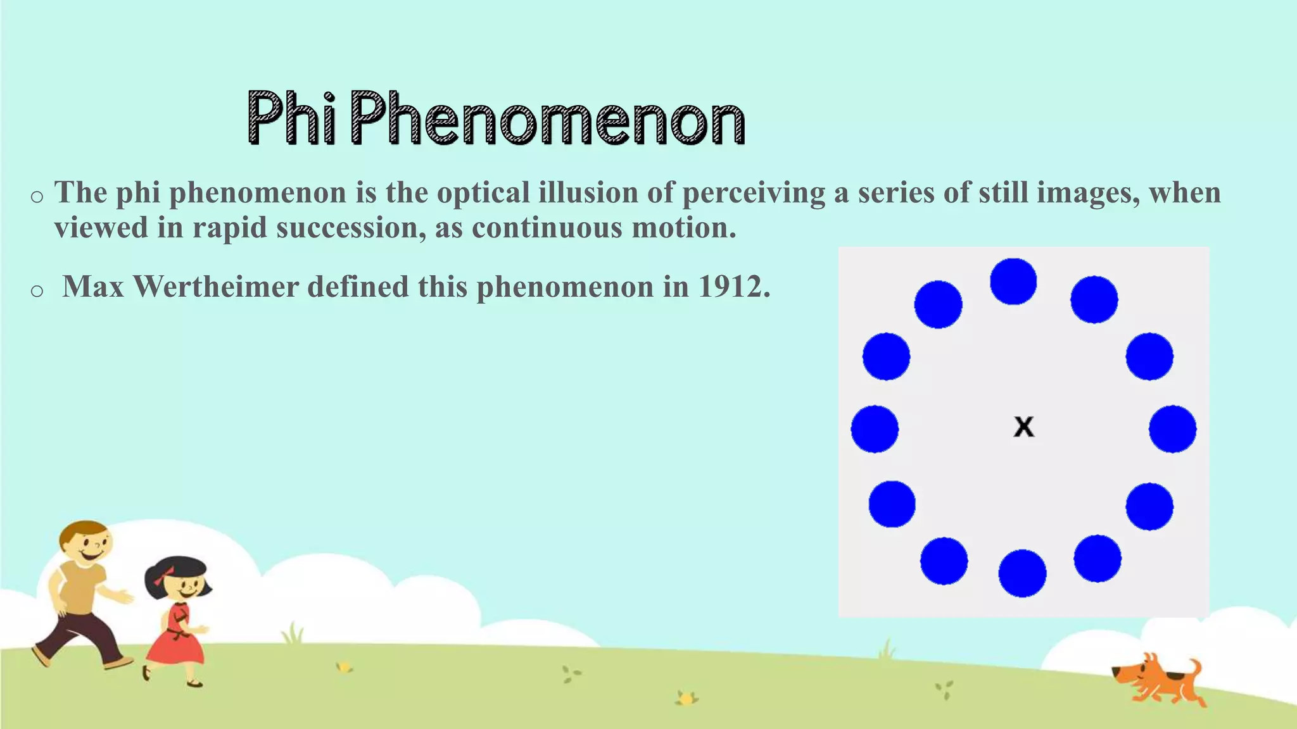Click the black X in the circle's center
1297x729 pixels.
(x=1023, y=427)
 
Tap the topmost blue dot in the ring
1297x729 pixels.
(x=1013, y=282)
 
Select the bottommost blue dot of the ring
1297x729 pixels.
(x=1022, y=573)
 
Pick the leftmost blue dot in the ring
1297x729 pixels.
(x=875, y=429)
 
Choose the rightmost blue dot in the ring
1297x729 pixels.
(x=1173, y=429)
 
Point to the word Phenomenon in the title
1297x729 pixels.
(x=548, y=118)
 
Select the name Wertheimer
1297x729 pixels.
(x=215, y=287)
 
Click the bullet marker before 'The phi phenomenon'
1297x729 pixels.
(x=37, y=197)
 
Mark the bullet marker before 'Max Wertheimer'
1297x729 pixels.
(x=37, y=290)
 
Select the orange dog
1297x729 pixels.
(x=1159, y=680)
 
